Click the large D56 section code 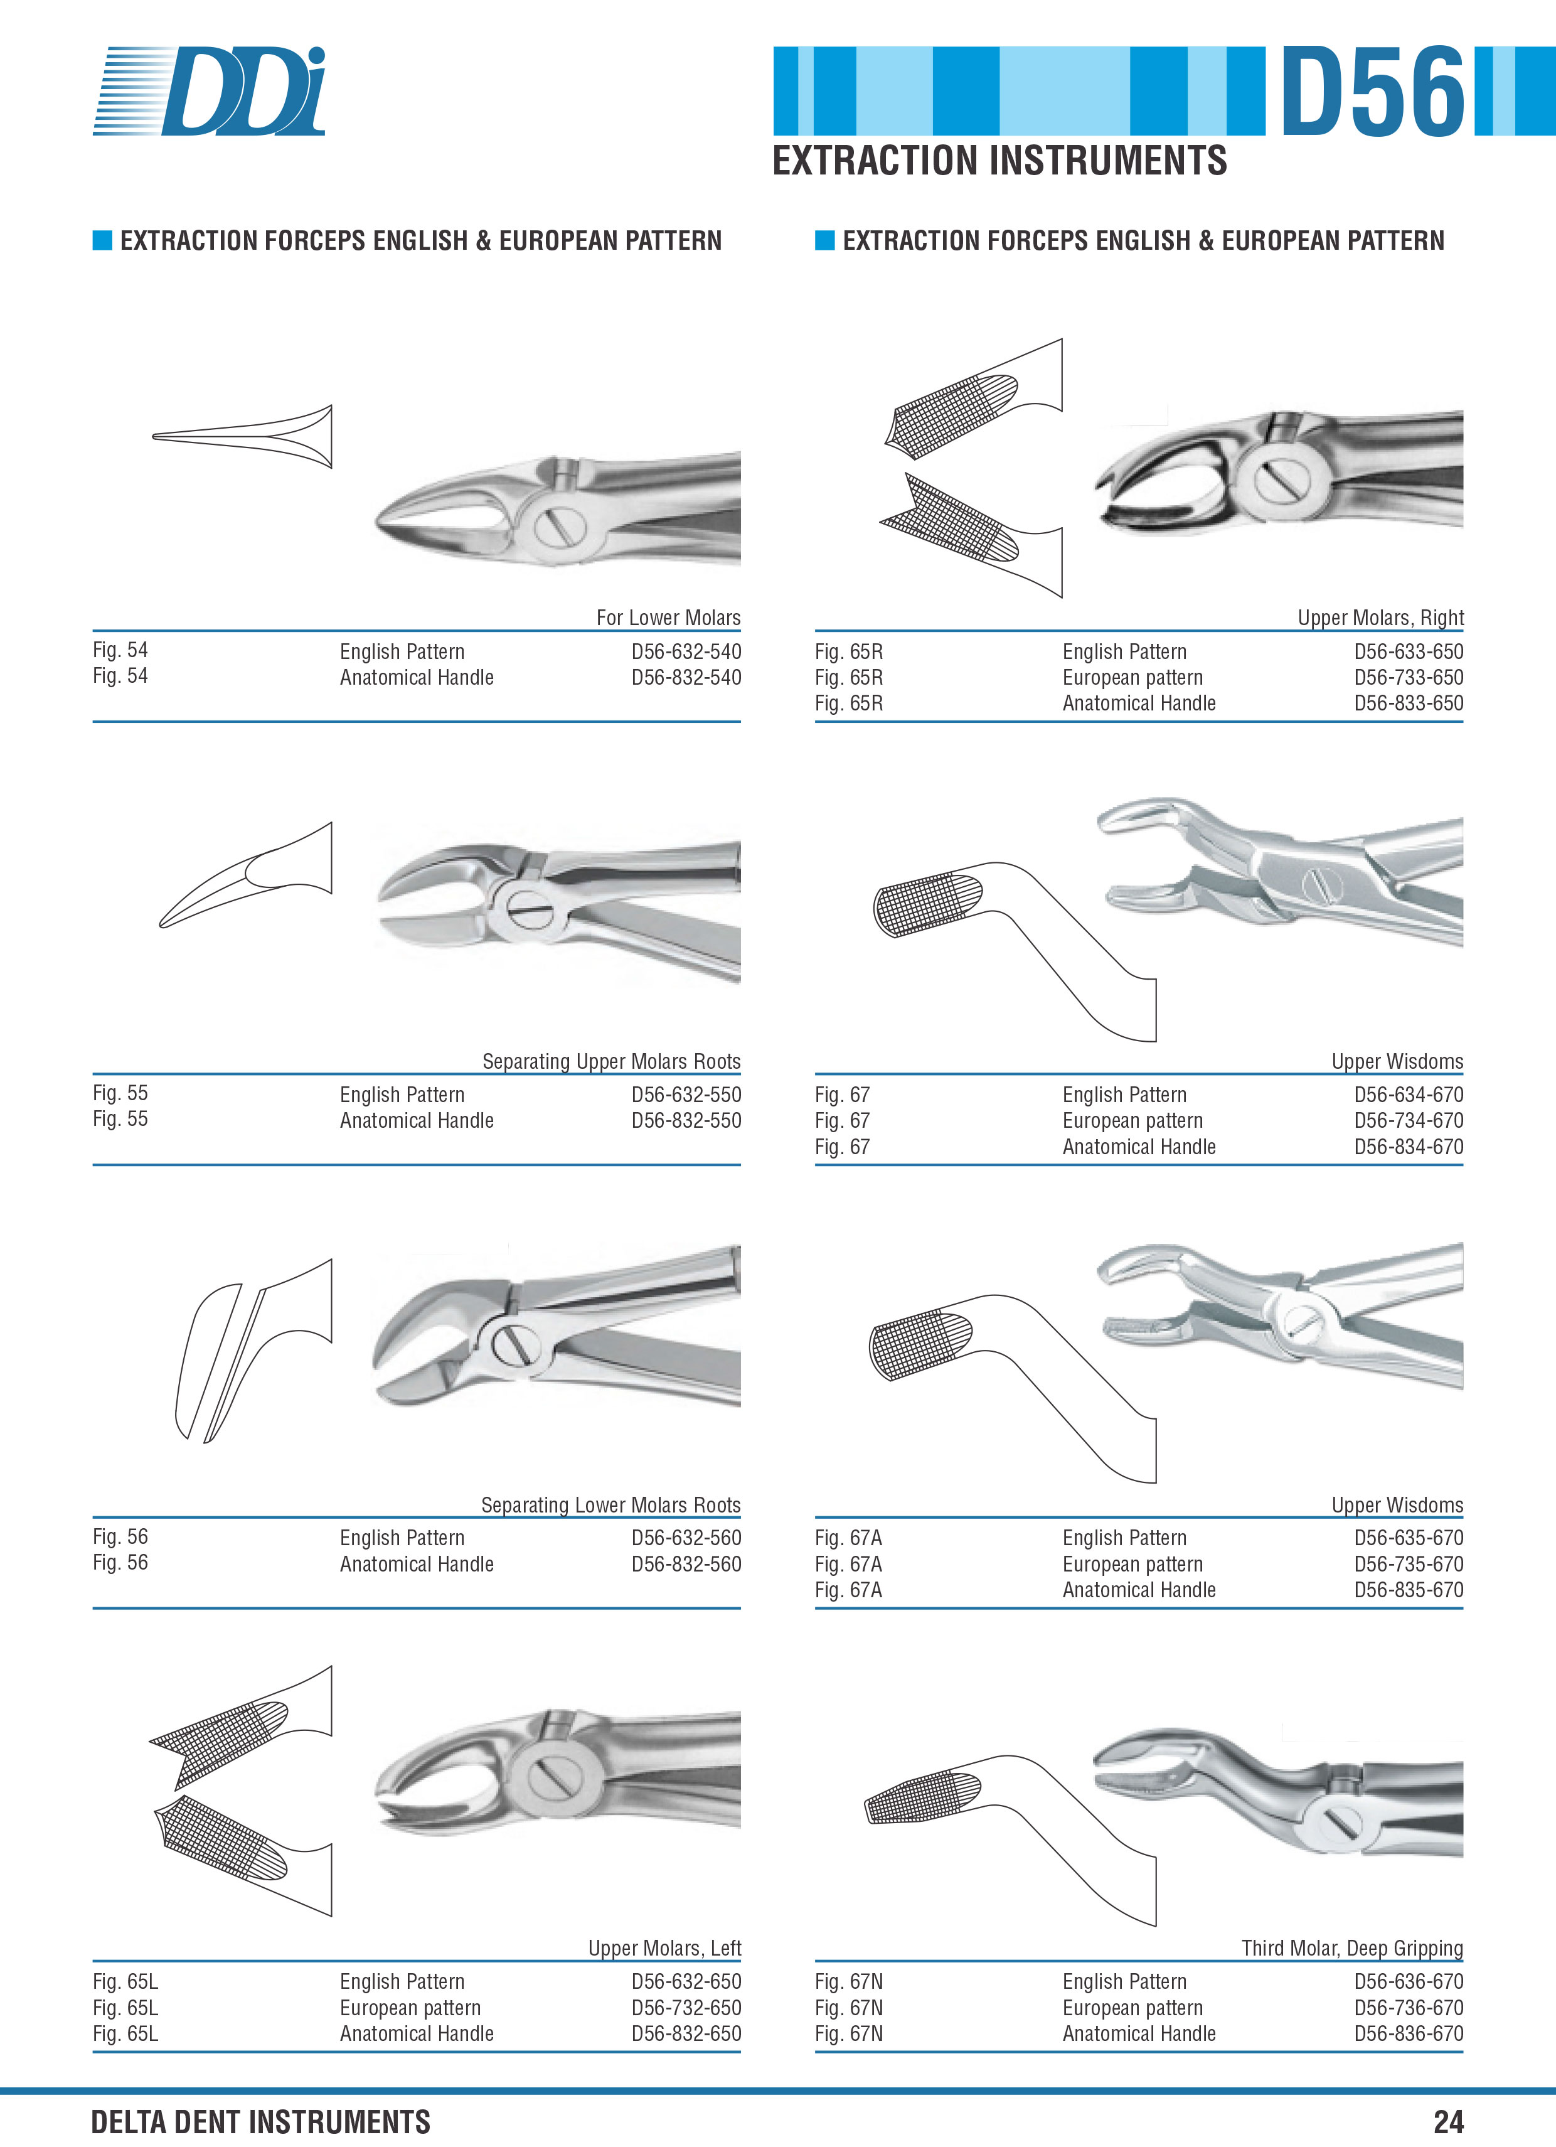[1372, 91]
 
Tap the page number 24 [1448, 2121]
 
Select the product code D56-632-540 [686, 651]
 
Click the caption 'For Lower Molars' [668, 617]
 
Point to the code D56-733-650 [1409, 677]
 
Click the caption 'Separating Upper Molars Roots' [612, 1061]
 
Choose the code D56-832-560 [686, 1564]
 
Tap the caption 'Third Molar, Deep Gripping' [1353, 1948]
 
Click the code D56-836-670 [1409, 2033]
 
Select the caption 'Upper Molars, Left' [664, 1948]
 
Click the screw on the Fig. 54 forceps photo [560, 525]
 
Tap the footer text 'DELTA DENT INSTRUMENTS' [260, 2121]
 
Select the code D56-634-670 [1409, 1095]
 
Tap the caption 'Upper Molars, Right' [1381, 617]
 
